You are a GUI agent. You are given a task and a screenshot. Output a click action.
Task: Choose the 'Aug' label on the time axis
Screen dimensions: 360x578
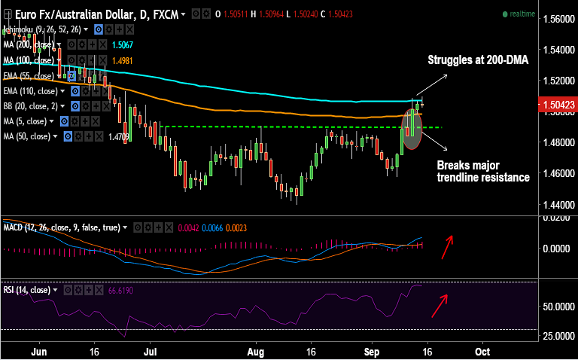click(257, 351)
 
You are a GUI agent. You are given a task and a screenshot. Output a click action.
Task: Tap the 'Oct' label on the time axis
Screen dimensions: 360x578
click(482, 351)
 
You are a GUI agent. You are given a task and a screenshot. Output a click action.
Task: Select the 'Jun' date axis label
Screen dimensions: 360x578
click(41, 351)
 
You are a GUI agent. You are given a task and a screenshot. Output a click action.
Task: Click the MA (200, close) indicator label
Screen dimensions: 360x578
click(29, 45)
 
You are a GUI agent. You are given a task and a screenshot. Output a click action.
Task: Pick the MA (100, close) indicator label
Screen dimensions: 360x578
click(29, 60)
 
